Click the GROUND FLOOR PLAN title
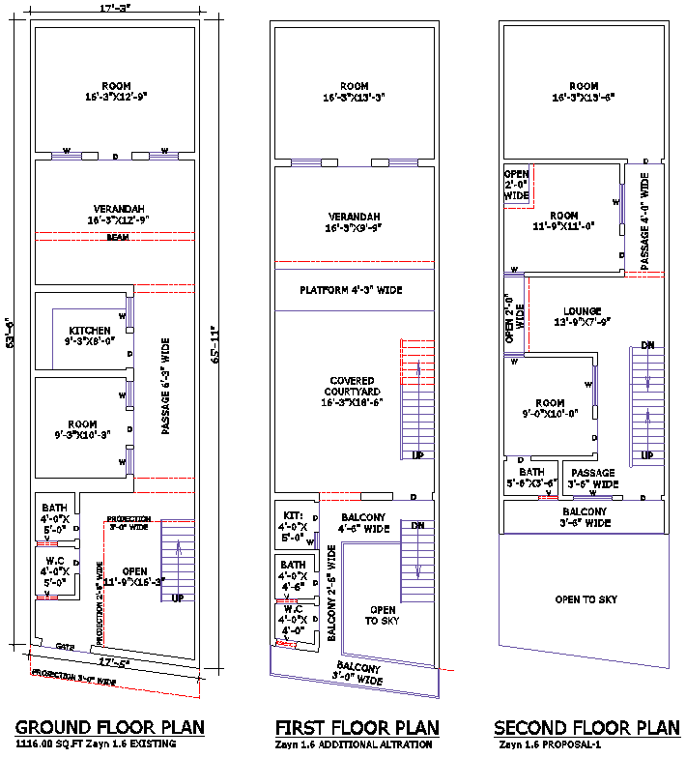109,727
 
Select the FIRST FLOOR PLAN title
357,727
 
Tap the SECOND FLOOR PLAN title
586,727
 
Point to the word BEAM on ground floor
118,237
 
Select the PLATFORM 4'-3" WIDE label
351,290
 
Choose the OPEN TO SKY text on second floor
586,599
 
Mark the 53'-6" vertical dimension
10,335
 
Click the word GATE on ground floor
65,646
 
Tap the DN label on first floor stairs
417,525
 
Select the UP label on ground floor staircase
178,598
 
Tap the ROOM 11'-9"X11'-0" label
564,220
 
